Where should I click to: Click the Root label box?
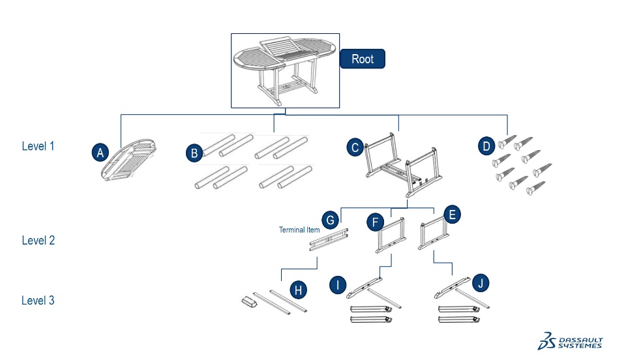point(363,59)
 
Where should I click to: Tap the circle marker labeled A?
point(100,153)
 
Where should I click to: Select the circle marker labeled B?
point(194,153)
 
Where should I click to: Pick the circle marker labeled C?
point(355,147)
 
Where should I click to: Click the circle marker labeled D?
point(486,147)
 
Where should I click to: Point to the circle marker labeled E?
point(453,215)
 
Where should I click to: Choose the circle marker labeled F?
point(374,222)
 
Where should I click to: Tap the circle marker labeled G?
point(331,219)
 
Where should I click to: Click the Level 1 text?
point(38,146)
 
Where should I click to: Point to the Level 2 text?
point(38,240)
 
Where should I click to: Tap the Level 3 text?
point(38,301)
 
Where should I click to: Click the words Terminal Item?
point(299,230)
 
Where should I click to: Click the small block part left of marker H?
point(248,301)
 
